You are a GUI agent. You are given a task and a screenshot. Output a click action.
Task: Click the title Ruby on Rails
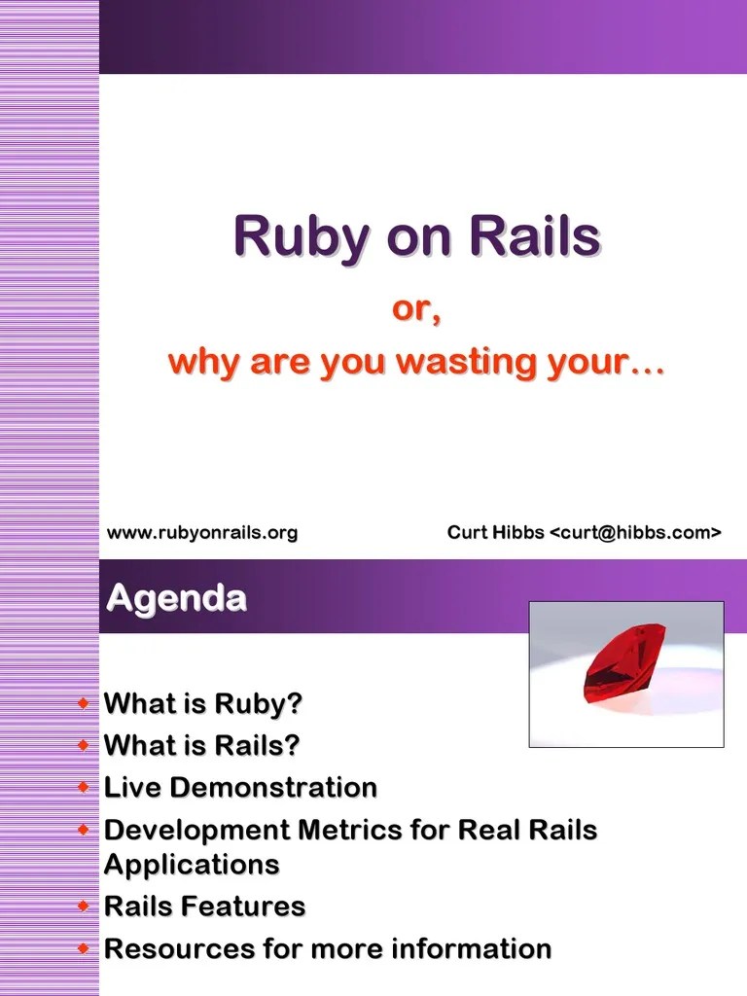pos(416,236)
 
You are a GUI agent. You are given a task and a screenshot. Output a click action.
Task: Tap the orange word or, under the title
pos(416,310)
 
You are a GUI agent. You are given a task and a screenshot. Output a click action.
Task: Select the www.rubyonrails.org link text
pos(201,532)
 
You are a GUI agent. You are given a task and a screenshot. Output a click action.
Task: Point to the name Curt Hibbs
pos(495,532)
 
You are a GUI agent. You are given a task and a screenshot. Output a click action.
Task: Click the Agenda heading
pos(176,597)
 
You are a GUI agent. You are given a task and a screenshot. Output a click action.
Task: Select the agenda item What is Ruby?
pos(203,703)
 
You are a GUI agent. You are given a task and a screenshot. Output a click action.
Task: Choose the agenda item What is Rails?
pos(201,745)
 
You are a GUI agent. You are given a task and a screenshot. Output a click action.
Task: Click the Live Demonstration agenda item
pos(240,787)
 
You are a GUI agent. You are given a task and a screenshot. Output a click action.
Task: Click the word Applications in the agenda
pos(192,864)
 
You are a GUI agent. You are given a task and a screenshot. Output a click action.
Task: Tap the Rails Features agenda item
pos(204,907)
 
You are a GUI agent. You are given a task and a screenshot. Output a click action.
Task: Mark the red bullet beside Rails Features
pos(85,907)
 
